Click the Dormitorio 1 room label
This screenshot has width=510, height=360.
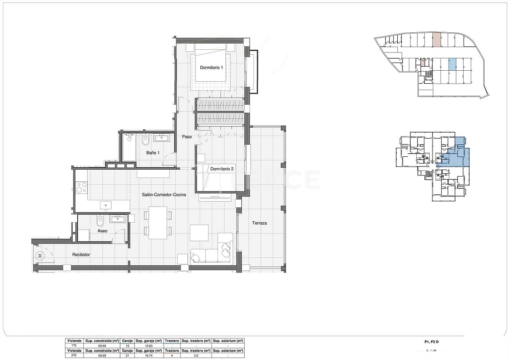coord(212,67)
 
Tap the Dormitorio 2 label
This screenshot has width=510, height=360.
coord(222,169)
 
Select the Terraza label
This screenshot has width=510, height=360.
coord(259,223)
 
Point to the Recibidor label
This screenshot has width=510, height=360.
coord(81,255)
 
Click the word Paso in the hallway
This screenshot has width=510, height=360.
coord(187,137)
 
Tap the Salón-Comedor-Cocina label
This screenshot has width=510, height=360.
coord(164,195)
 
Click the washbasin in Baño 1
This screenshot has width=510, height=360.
coord(162,138)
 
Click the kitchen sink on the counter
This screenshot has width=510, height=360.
coord(106,205)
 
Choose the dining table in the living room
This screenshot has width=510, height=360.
coord(158,223)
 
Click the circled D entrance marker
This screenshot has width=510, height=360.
coord(40,255)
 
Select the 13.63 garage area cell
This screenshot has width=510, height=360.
coord(149,346)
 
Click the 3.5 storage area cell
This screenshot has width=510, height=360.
coord(196,356)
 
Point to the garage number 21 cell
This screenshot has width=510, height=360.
coord(127,356)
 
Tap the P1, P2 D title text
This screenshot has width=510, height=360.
coord(432,342)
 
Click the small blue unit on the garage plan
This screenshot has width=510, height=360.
coord(453,63)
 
